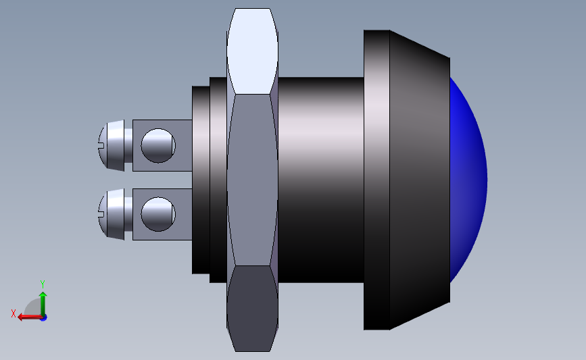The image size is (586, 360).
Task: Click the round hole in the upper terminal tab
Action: click(x=158, y=145)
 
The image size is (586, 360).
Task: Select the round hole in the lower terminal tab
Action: click(x=158, y=214)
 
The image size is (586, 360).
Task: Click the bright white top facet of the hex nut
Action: click(x=252, y=51)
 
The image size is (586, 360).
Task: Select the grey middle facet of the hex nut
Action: click(x=252, y=179)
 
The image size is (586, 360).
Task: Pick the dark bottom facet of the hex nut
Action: click(x=252, y=307)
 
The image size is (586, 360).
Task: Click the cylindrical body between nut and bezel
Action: click(x=321, y=179)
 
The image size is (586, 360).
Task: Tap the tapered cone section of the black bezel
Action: click(x=419, y=179)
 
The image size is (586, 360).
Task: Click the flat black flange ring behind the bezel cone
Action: click(x=376, y=179)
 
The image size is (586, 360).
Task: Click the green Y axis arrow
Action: click(x=43, y=302)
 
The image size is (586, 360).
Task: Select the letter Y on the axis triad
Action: click(x=42, y=284)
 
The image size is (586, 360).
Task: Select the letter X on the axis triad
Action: click(x=13, y=313)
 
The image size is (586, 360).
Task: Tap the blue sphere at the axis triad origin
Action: click(x=43, y=317)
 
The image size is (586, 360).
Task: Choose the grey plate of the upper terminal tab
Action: click(x=182, y=145)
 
